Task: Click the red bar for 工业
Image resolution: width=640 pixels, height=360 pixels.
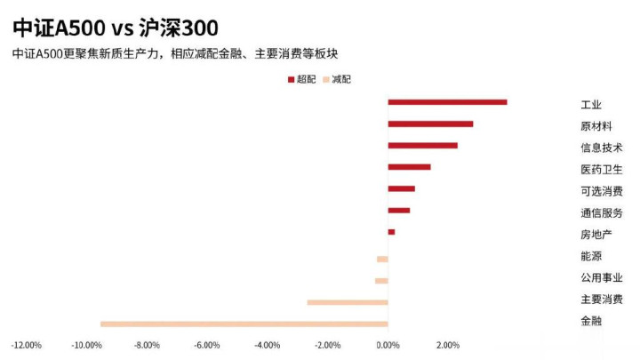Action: (x=447, y=102)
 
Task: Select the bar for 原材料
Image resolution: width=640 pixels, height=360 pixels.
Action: (x=430, y=124)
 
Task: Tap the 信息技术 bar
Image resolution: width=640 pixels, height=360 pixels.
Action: (x=422, y=145)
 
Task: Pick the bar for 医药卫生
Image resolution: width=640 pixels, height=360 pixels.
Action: (x=409, y=167)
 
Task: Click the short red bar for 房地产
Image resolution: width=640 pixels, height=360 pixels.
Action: (x=391, y=232)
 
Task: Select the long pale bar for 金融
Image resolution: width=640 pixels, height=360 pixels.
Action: (x=244, y=324)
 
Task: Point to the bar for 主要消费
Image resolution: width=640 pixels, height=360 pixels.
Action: (x=348, y=302)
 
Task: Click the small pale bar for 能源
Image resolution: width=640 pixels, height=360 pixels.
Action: (x=382, y=259)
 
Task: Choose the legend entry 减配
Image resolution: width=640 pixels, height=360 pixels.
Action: (x=336, y=79)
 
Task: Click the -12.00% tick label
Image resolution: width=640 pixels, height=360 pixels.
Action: (x=26, y=345)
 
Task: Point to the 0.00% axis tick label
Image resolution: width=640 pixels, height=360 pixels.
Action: (x=388, y=345)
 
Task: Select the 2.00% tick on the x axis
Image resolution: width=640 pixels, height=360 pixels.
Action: (x=448, y=345)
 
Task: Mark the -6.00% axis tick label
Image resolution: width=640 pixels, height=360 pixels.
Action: (x=207, y=345)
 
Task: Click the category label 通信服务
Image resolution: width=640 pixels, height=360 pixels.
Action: (x=601, y=212)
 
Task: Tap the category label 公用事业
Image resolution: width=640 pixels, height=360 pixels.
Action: (x=601, y=278)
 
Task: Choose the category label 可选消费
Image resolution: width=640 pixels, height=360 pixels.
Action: (x=601, y=190)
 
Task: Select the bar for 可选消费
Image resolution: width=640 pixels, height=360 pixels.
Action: (x=401, y=188)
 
